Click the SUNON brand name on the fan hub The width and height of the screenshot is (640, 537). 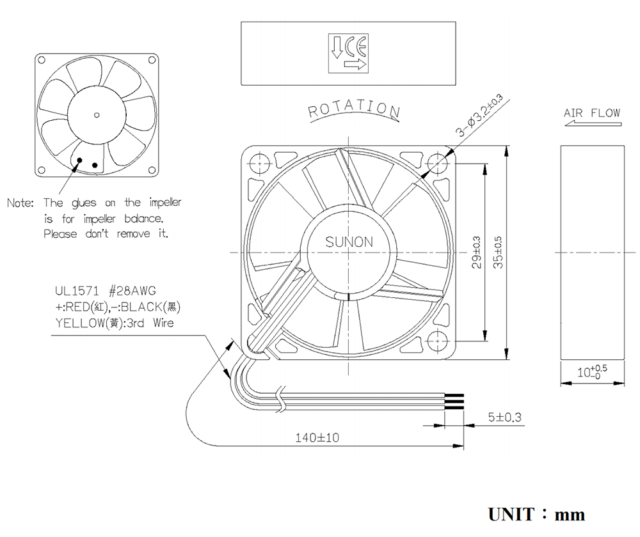click(349, 242)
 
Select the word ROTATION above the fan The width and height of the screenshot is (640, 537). click(354, 109)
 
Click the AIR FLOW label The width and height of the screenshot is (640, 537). click(592, 113)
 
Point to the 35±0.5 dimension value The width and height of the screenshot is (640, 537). click(498, 253)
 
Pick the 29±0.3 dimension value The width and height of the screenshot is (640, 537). click(476, 253)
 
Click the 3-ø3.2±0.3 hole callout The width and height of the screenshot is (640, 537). click(479, 116)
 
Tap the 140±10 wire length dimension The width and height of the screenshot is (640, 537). click(317, 437)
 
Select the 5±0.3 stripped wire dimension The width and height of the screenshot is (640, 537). click(505, 417)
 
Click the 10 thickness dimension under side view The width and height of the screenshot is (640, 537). click(592, 371)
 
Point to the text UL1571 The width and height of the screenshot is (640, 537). click(77, 291)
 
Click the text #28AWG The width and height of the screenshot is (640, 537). click(132, 291)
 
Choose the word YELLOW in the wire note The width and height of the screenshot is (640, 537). click(81, 323)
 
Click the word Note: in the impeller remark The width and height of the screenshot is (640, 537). click(20, 203)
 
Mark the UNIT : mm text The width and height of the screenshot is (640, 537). click(537, 515)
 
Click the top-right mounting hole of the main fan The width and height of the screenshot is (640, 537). click(438, 164)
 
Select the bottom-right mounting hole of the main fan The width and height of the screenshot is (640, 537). click(438, 341)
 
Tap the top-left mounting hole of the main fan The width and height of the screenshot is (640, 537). click(260, 164)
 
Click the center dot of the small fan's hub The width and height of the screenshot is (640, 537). click(97, 115)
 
